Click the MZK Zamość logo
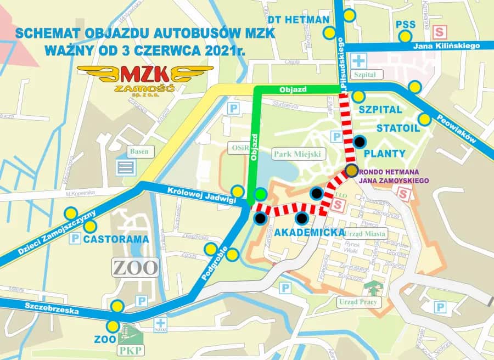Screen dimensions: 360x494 click(x=145, y=76)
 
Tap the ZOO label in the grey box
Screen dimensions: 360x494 click(x=136, y=267)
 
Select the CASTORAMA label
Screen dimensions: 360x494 click(x=116, y=239)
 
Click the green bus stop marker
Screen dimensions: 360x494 click(x=261, y=194)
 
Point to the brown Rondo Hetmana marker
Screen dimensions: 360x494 click(x=352, y=170)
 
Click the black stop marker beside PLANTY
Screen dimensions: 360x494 click(x=359, y=141)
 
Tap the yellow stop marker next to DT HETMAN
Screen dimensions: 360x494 click(x=329, y=32)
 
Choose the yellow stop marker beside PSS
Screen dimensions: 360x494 click(x=405, y=37)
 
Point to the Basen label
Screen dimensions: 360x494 click(x=139, y=151)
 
